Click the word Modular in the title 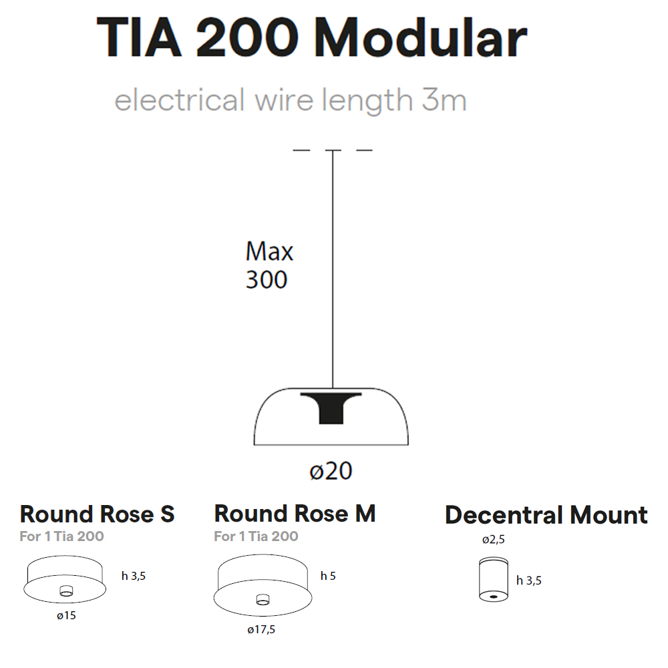(x=420, y=37)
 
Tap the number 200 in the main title (x=247, y=37)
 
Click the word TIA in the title (x=140, y=37)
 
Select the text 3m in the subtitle (x=444, y=100)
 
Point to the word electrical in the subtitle (x=180, y=100)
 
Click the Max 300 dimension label (x=269, y=265)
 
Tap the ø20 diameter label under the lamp (x=331, y=471)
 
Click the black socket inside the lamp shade (x=331, y=407)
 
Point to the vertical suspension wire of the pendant (x=333, y=269)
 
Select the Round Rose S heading (x=97, y=514)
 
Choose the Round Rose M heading (x=295, y=513)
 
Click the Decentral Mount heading (x=546, y=514)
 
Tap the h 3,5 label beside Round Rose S (x=134, y=576)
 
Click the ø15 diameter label (x=66, y=615)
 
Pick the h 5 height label (x=328, y=576)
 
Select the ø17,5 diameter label (x=261, y=630)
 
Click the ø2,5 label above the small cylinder (x=494, y=540)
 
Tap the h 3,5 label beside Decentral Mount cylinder (x=528, y=580)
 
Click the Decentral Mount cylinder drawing (x=494, y=579)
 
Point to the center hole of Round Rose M (x=263, y=599)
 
